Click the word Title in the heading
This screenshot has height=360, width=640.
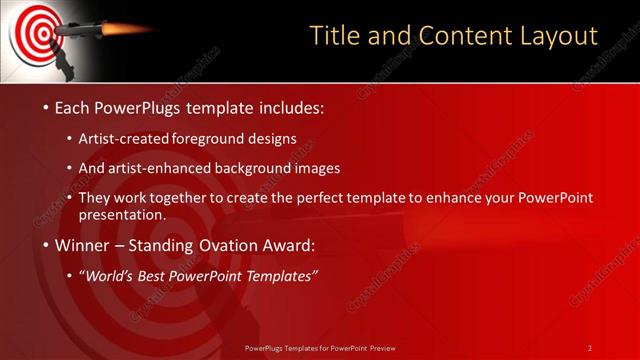click(x=336, y=37)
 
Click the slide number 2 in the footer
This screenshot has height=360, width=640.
click(x=589, y=347)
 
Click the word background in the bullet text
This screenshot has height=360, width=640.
click(x=269, y=168)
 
